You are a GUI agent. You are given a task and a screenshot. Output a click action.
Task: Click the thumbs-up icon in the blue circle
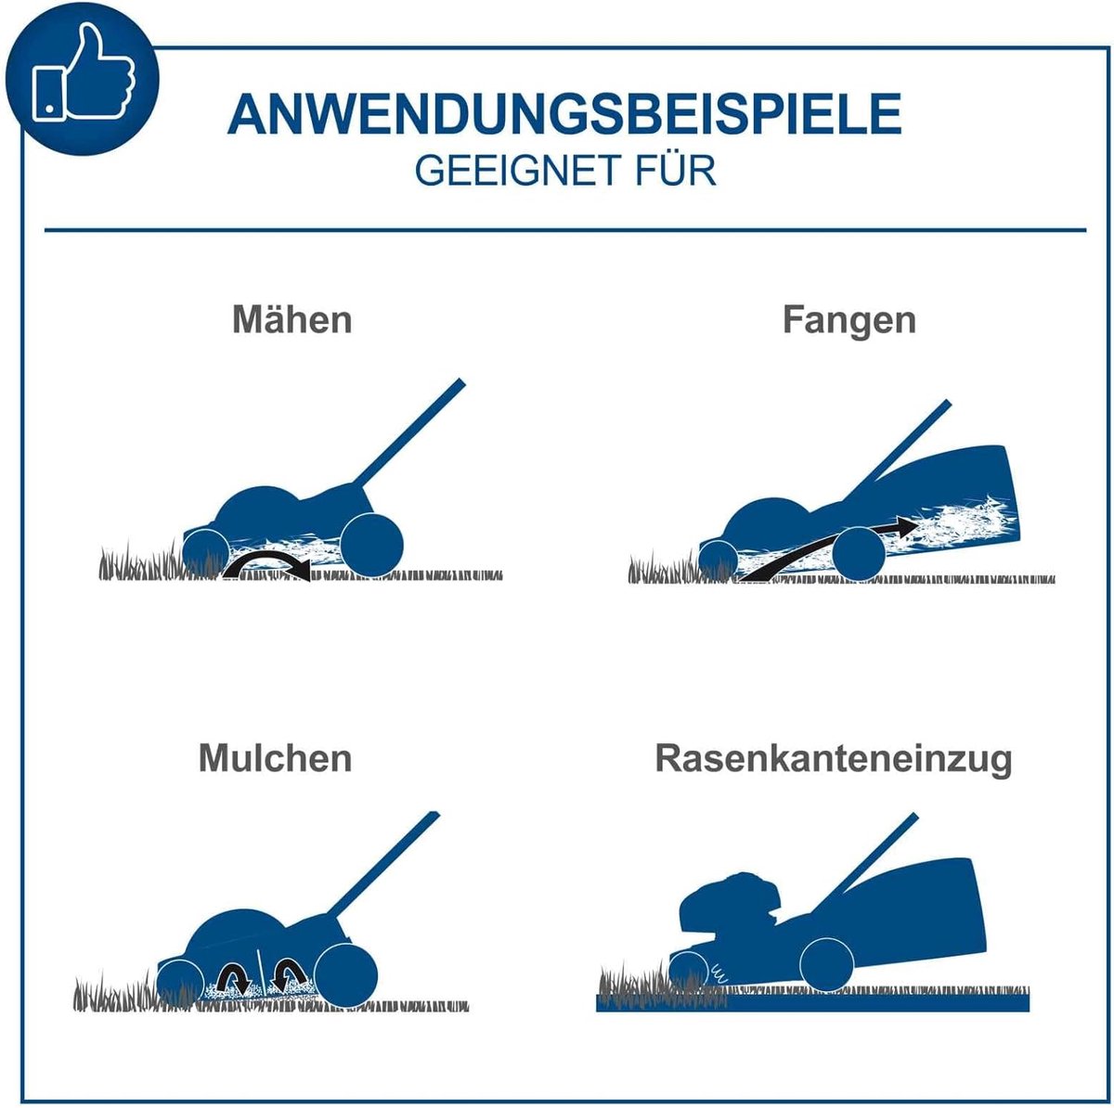click(84, 72)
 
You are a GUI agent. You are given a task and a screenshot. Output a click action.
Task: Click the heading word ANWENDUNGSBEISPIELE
click(564, 113)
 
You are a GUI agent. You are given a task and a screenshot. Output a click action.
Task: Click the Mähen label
click(291, 319)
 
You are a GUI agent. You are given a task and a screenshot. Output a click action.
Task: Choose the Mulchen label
click(275, 758)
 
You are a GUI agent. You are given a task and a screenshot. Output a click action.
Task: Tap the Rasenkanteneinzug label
click(834, 759)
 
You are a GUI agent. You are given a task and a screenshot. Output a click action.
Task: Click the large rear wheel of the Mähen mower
click(371, 545)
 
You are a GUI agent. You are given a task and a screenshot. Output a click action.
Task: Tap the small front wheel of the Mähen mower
click(206, 552)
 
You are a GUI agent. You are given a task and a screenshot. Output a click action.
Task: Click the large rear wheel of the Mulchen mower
click(345, 976)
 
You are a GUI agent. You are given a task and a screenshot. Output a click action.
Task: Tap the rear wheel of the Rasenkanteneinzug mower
click(827, 965)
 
